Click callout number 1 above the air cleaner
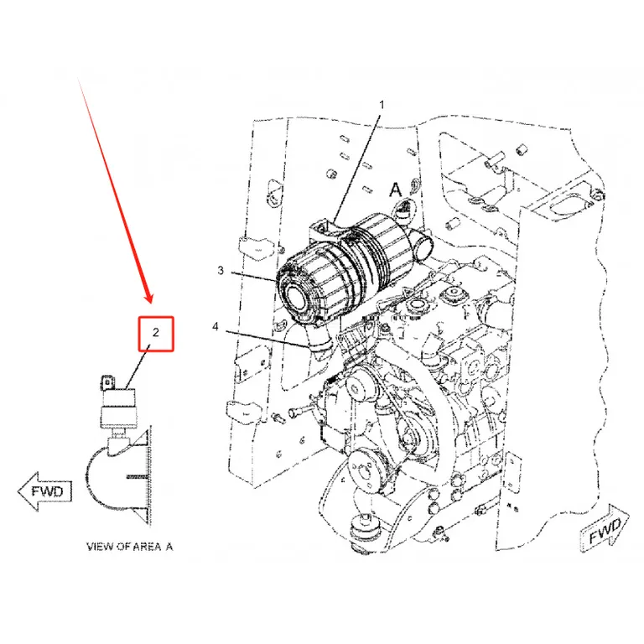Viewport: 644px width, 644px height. (x=382, y=105)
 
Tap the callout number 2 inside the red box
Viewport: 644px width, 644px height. (x=156, y=332)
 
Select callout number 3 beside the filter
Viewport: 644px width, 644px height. (x=221, y=270)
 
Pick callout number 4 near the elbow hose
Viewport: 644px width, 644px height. (x=216, y=327)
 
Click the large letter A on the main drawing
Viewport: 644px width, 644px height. (x=395, y=190)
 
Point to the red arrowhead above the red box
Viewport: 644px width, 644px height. (x=148, y=298)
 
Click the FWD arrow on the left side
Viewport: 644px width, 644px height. (x=45, y=491)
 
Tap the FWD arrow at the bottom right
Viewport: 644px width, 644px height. (x=605, y=528)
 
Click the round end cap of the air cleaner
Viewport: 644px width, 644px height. (x=295, y=296)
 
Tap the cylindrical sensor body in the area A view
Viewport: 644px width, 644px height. (x=118, y=408)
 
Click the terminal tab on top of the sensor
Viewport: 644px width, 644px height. (x=107, y=382)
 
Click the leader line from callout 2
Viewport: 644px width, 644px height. (x=138, y=366)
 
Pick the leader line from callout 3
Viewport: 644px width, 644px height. (x=253, y=277)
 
